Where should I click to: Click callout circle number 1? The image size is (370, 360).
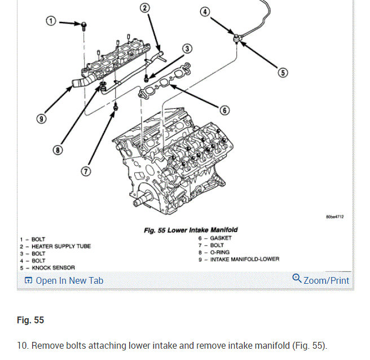[x=51, y=21]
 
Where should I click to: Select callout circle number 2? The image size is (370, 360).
[x=144, y=8]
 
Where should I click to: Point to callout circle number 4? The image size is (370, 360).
[x=205, y=11]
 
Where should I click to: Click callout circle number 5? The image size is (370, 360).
[x=283, y=72]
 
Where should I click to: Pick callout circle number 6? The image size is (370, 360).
[x=224, y=110]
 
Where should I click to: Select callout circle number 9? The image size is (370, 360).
[x=41, y=119]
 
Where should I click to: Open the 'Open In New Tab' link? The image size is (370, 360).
[x=64, y=280]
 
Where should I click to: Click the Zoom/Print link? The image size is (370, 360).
[x=321, y=280]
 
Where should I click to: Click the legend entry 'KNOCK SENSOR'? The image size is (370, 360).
[x=53, y=267]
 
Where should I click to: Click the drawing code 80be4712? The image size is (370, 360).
[x=334, y=217]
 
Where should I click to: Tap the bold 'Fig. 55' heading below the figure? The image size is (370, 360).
[x=30, y=321]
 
